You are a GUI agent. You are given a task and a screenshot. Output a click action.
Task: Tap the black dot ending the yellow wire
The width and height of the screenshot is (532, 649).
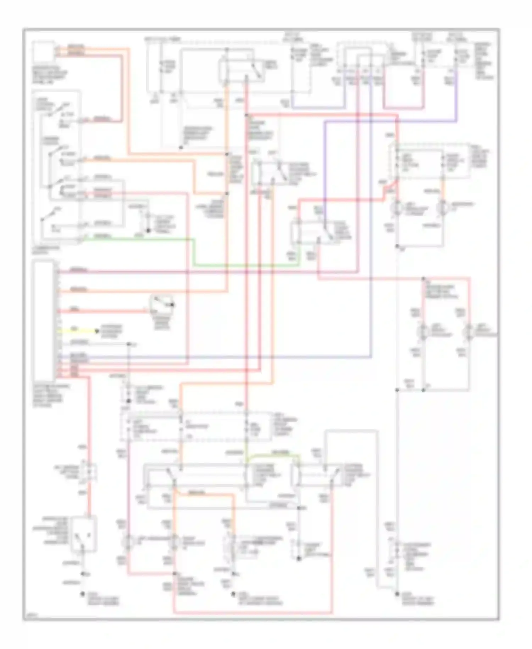coord(96,331)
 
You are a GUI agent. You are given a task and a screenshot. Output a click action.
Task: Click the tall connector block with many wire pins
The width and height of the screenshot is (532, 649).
coord(44,320)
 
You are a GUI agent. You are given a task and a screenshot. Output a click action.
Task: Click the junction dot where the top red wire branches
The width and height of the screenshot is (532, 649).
coord(246,115)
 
